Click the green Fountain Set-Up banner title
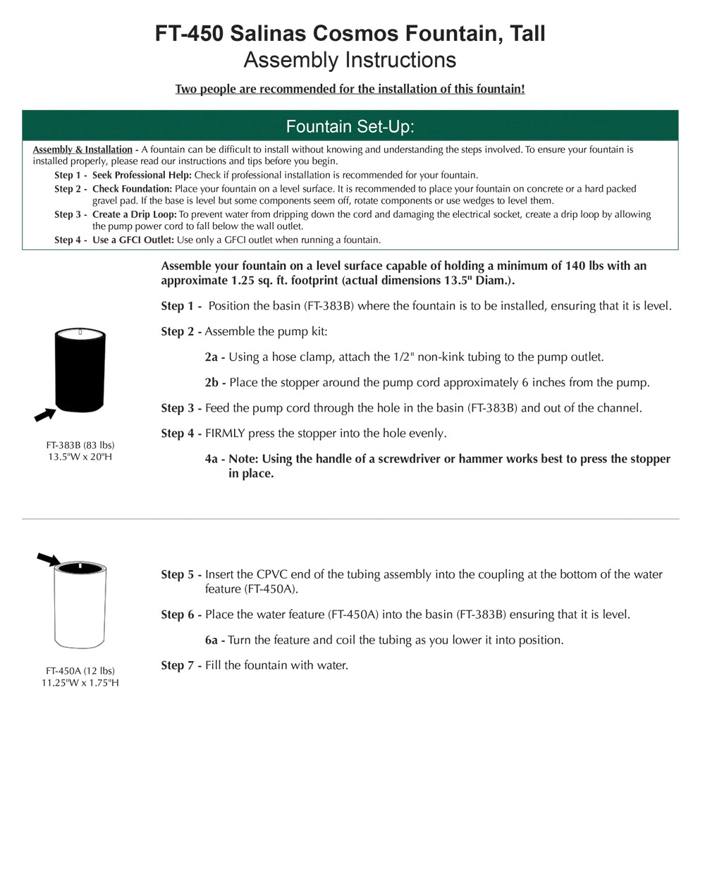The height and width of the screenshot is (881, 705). coord(350,126)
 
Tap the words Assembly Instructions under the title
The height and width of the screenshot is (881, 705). coord(350,60)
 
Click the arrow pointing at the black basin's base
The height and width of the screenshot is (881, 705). coord(45,414)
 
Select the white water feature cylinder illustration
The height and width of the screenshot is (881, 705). coord(80,606)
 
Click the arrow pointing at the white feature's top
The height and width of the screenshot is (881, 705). coord(48,559)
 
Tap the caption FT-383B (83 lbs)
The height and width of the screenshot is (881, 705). coord(80,445)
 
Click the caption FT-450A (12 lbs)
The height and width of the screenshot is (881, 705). coord(80,670)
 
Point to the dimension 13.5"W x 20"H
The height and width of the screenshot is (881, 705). coord(80,457)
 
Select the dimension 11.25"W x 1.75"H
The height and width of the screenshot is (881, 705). coord(80,682)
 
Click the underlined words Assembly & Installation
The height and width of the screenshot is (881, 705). coord(82,149)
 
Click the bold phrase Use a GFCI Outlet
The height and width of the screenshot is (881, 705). coord(133,240)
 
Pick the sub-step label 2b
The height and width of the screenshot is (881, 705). coord(211,382)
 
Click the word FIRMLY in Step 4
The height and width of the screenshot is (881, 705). coord(225,433)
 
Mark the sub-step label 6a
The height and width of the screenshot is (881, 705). coord(211,640)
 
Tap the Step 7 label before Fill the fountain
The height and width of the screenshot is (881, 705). coord(178,665)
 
